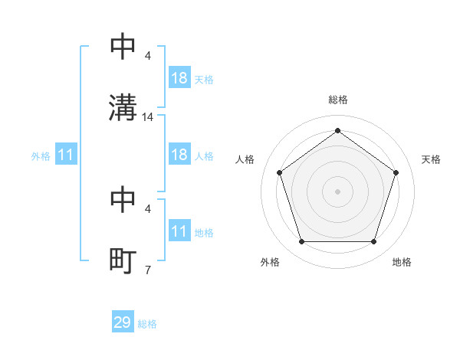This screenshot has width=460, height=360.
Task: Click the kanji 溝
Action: click(123, 107)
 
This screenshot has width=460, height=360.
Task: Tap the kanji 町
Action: click(123, 261)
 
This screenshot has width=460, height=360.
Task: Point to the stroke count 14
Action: click(149, 117)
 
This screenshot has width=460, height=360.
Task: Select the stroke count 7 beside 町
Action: click(147, 270)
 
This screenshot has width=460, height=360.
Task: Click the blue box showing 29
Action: click(123, 322)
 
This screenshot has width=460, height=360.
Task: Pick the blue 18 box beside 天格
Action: click(179, 78)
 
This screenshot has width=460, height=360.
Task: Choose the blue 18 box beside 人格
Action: click(179, 155)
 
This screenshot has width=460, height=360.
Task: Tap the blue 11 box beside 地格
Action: click(179, 231)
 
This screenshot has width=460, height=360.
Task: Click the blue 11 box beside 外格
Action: click(66, 155)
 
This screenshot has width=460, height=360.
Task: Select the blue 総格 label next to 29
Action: click(147, 324)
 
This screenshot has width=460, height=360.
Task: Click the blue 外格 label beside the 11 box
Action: click(41, 156)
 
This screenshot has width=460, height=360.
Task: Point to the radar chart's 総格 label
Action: click(337, 100)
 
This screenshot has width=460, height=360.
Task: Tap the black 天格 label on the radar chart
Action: click(432, 159)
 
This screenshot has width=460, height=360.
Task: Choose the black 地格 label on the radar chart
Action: click(402, 263)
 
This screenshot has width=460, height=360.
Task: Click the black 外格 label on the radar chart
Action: click(270, 263)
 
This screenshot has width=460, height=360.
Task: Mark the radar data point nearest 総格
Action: click(337, 131)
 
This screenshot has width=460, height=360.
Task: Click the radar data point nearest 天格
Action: click(396, 172)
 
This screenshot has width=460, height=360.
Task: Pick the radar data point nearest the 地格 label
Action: click(373, 241)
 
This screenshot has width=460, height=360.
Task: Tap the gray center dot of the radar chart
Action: click(337, 191)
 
